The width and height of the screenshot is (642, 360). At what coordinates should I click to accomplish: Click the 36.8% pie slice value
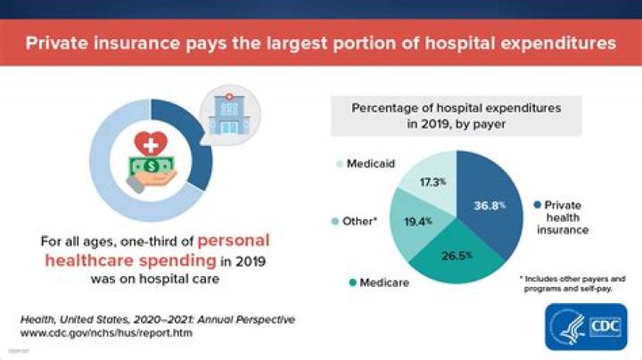pyautogui.click(x=490, y=205)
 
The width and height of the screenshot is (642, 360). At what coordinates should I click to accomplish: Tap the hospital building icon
pyautogui.click(x=224, y=112)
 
